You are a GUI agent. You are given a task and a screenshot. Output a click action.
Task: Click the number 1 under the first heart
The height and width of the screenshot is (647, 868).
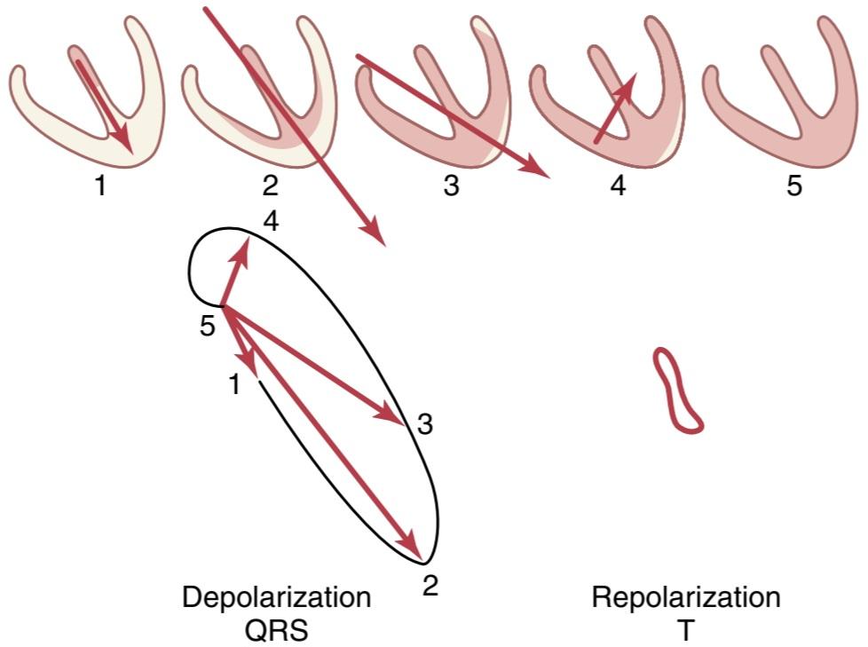[x=100, y=186]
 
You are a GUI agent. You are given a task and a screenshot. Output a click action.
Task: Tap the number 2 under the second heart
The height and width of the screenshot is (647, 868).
[x=270, y=186]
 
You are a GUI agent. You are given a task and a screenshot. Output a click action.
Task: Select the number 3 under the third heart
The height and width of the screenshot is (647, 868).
[x=451, y=186]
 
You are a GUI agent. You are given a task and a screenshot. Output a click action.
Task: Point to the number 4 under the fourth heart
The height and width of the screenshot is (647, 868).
[x=619, y=186]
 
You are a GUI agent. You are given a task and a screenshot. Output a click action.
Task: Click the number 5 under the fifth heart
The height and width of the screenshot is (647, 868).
[x=794, y=186]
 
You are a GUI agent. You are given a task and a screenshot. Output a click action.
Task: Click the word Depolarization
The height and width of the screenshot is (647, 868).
[x=277, y=597]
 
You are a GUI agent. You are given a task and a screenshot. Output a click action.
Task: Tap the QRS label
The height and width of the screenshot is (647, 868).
[x=277, y=630]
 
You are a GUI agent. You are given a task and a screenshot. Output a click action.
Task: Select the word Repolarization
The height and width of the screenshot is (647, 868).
[x=686, y=597]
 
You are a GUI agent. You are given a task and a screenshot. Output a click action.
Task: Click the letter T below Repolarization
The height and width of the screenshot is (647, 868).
[x=686, y=630]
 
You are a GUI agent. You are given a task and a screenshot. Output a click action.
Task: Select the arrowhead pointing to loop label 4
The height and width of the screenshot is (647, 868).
[x=242, y=250]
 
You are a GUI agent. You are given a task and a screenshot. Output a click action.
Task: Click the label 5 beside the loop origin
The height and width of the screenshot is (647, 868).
[x=207, y=326]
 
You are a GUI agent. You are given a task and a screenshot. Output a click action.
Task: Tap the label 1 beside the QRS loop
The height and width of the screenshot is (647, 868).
[x=234, y=384]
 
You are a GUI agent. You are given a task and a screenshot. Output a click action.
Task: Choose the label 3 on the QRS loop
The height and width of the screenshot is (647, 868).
[x=424, y=425]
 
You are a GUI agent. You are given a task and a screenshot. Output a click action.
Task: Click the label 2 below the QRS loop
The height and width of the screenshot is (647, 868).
[x=430, y=585]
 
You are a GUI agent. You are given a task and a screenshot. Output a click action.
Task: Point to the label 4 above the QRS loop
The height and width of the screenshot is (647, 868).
[x=271, y=222]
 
